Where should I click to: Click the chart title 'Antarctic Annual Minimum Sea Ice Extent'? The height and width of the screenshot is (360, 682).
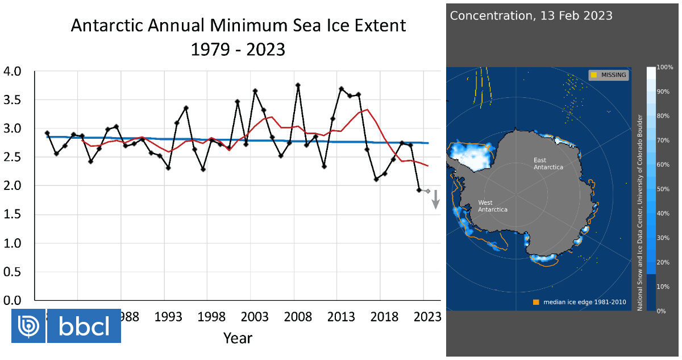[x=238, y=26]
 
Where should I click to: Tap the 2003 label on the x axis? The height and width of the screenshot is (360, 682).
[x=255, y=316]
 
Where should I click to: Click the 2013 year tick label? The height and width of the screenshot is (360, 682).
[x=341, y=316]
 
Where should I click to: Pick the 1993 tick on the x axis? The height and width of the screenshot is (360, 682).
[x=168, y=316]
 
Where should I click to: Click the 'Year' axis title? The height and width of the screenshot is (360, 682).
[x=238, y=338]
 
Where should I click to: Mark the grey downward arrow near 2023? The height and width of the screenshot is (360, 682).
[x=435, y=199]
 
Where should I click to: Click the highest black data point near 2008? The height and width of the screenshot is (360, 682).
[x=298, y=85]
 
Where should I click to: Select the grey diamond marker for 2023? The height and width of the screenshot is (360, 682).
[x=427, y=191]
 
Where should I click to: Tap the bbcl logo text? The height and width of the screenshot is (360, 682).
[x=84, y=326]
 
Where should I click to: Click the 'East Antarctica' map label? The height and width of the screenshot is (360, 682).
[x=548, y=163]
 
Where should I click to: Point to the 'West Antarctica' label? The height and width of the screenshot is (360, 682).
[x=492, y=206]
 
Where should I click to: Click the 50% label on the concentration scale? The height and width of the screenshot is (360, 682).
[x=663, y=189]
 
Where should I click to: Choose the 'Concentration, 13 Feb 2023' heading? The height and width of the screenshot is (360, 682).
[x=531, y=15]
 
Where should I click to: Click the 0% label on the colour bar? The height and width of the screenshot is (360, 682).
[x=661, y=311]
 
